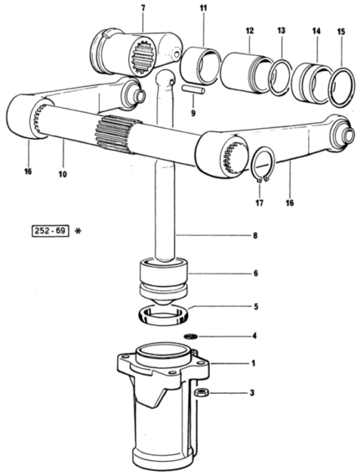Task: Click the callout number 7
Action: [143, 8]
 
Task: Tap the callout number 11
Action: [203, 8]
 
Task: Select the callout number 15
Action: [342, 32]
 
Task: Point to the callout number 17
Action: [260, 202]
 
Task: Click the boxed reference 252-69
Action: [50, 231]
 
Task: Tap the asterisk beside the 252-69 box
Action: [78, 232]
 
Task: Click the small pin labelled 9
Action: [194, 90]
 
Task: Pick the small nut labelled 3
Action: [201, 392]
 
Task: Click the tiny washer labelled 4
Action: [191, 336]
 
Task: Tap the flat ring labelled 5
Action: [163, 315]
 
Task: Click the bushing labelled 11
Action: [199, 65]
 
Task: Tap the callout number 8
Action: [255, 235]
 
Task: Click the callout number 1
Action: [254, 363]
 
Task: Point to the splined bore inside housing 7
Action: [145, 58]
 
